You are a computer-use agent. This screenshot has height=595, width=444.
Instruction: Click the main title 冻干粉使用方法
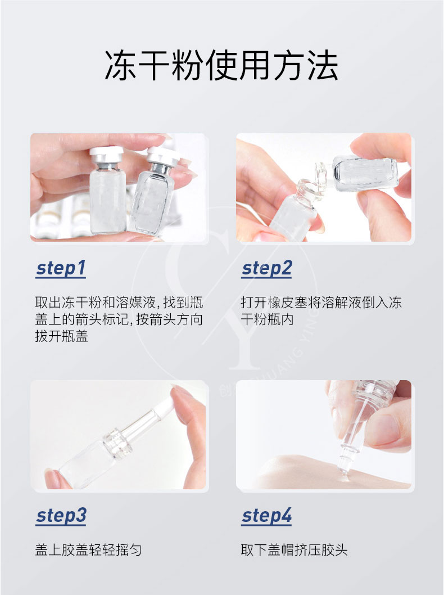221,65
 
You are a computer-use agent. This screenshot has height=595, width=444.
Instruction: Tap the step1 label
61,268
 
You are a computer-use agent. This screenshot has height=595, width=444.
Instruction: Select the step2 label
267,268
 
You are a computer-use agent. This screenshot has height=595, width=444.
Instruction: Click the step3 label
61,516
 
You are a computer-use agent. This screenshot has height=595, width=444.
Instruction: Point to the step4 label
267,516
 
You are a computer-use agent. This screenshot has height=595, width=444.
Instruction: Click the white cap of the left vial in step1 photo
107,154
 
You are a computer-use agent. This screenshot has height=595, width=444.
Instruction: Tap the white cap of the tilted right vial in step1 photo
164,156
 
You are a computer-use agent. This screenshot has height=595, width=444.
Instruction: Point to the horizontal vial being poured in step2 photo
364,174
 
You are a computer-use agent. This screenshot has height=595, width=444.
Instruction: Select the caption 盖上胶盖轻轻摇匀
88,549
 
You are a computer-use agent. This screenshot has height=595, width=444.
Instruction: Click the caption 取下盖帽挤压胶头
294,549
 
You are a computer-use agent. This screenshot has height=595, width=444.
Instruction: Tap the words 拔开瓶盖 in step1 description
61,336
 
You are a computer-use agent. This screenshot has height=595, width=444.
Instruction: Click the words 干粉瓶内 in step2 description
268,319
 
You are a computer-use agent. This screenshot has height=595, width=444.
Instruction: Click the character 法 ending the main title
323,65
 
